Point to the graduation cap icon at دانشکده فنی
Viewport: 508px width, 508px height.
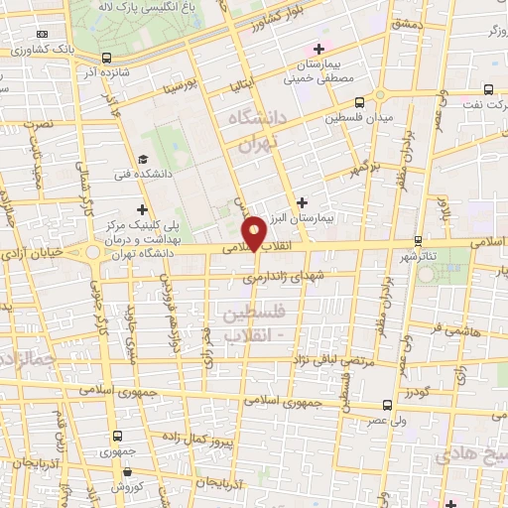tap(143, 160)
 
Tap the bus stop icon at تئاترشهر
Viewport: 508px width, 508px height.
tap(418, 241)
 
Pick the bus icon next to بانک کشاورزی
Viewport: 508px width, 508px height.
tap(106, 57)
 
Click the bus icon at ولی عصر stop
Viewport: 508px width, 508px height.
tap(387, 405)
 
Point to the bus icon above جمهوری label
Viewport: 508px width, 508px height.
tap(118, 435)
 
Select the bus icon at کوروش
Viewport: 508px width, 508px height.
tap(114, 472)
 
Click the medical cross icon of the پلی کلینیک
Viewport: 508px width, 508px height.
tap(143, 209)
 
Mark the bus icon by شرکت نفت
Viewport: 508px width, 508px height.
tap(488, 87)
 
